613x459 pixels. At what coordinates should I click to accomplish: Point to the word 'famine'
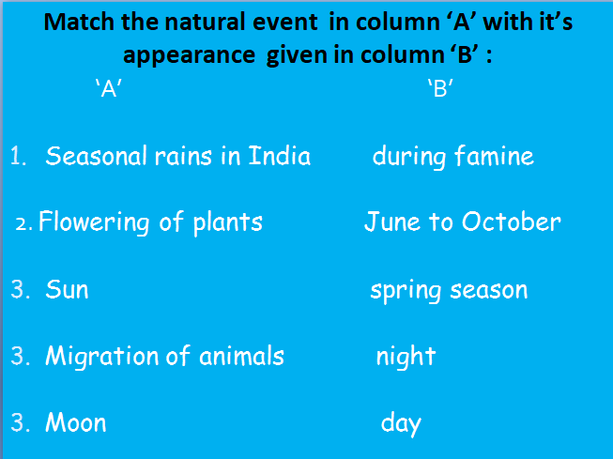[494, 156]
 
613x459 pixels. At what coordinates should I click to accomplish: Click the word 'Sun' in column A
[67, 289]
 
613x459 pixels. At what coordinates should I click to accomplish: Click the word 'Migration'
[102, 356]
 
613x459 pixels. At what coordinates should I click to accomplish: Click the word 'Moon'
[75, 422]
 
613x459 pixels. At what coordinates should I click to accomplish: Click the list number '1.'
[20, 156]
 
